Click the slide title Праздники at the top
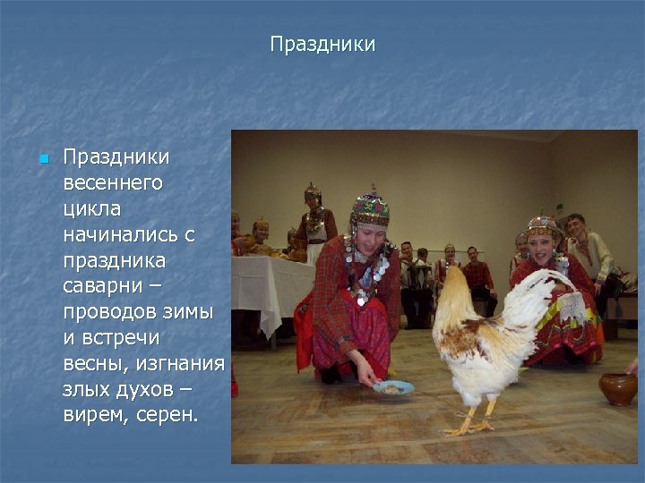[322, 44]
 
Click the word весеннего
[113, 183]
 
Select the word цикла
[91, 208]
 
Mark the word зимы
[192, 313]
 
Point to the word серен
[166, 417]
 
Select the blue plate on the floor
[394, 387]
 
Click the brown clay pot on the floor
[618, 388]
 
